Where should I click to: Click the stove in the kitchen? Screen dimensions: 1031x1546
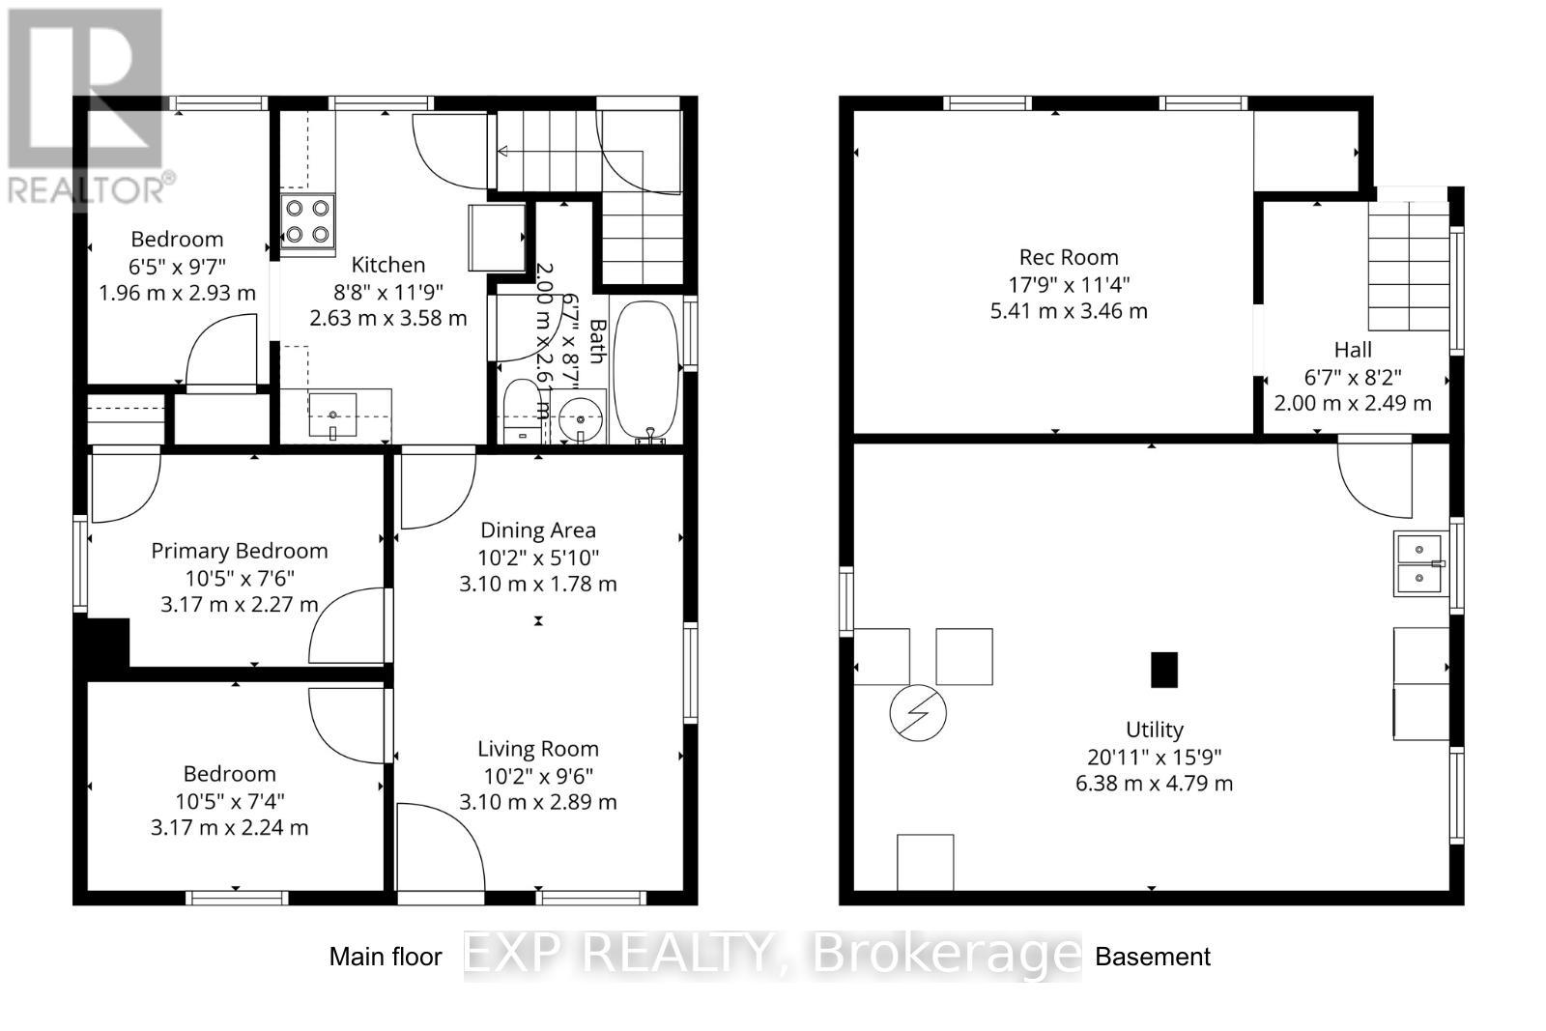pos(307,220)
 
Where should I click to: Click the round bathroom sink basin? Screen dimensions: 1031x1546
pos(581,419)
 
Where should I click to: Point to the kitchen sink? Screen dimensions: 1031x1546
pos(333,415)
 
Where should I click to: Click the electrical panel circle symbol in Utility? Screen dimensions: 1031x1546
pos(918,713)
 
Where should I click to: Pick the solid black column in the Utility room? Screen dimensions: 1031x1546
pos(1164,670)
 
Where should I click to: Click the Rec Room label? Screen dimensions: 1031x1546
pos(1069,257)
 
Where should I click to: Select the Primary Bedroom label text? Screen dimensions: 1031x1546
pos(240,551)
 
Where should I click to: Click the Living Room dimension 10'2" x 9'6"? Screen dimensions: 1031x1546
pos(538,775)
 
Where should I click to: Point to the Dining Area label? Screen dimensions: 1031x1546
pos(538,530)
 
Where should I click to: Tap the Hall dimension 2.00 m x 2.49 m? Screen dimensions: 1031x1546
pos(1353,403)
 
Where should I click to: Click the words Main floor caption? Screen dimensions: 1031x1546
pos(386,957)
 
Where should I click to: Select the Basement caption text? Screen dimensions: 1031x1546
pos(1152,957)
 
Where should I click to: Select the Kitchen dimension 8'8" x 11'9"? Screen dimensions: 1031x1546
pos(387,291)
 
